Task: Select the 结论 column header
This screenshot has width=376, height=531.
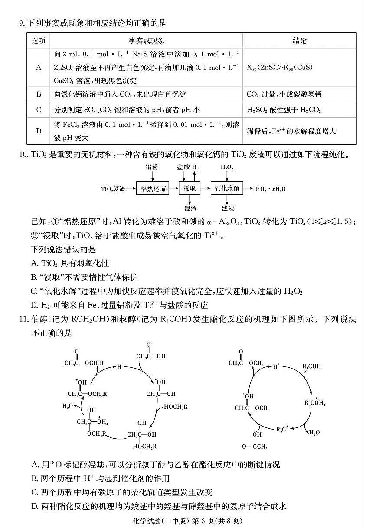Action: click(299, 40)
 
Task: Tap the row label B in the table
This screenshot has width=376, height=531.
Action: click(39, 94)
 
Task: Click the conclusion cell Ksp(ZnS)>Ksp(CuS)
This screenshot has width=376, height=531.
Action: click(280, 67)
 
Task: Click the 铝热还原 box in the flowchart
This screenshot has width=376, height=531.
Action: click(153, 189)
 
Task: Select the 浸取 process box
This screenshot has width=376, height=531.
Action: click(190, 189)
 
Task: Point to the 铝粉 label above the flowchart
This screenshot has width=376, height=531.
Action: click(153, 167)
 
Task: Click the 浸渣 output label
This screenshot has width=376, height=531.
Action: click(190, 208)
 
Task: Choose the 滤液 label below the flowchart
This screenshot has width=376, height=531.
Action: click(228, 208)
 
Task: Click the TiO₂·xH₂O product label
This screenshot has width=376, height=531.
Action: click(270, 189)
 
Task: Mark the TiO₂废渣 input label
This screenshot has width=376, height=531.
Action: click(113, 189)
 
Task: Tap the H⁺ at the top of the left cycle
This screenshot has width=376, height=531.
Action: click(121, 367)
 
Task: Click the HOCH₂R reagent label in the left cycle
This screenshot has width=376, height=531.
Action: click(176, 407)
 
